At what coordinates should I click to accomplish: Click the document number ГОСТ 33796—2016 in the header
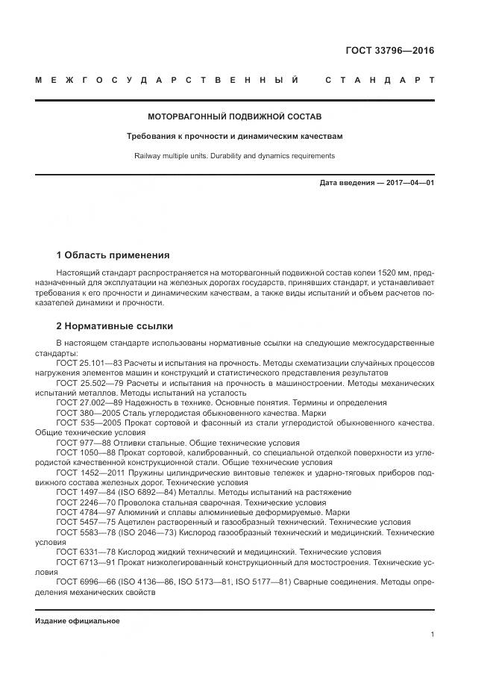click(x=389, y=52)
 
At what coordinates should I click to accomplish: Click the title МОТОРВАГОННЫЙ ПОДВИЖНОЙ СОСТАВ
click(x=234, y=117)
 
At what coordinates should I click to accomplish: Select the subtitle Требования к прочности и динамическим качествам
click(x=234, y=137)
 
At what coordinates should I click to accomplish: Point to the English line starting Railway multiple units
click(x=234, y=156)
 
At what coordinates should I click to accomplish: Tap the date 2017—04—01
click(x=408, y=183)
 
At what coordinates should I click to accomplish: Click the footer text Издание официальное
click(x=78, y=620)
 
